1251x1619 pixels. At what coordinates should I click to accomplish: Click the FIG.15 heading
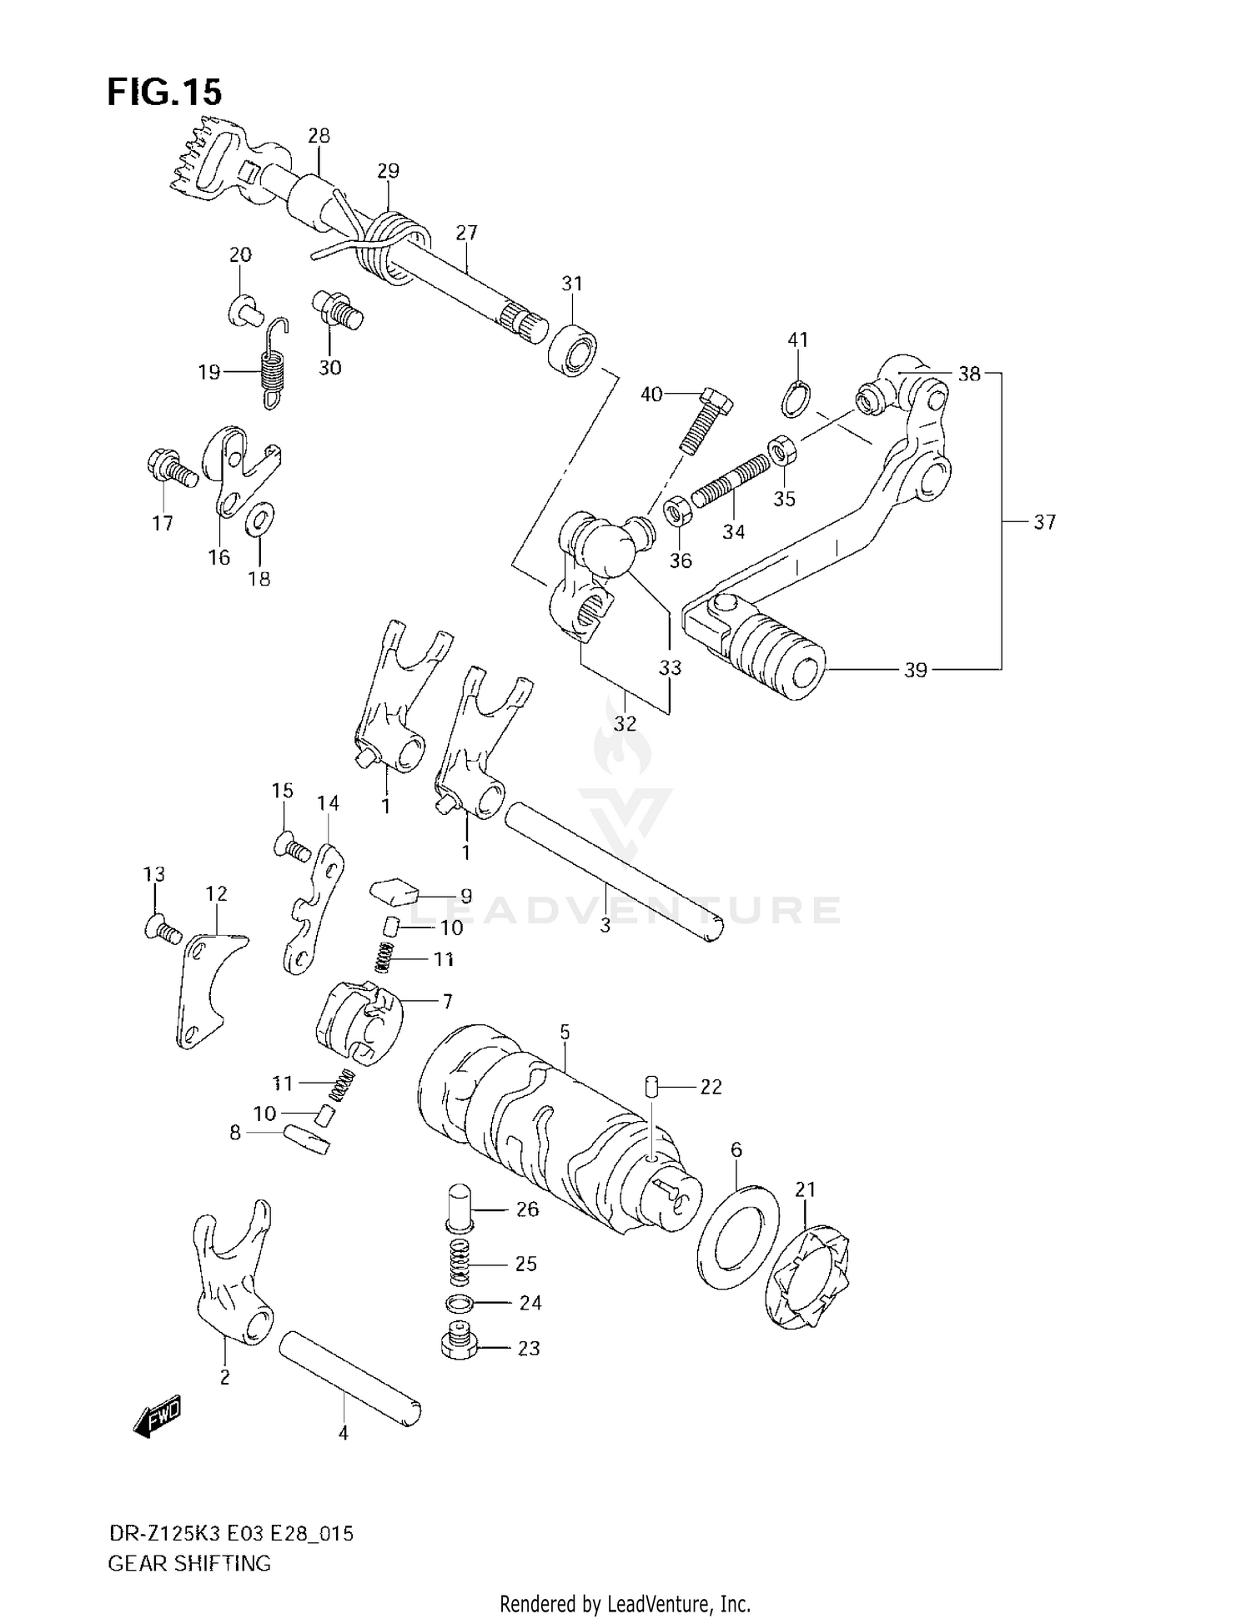[x=164, y=92]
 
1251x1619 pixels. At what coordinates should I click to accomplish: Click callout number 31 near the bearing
[x=571, y=284]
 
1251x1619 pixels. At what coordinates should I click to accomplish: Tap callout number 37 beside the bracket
[x=1044, y=522]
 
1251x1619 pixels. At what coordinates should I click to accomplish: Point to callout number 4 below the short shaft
[x=343, y=1433]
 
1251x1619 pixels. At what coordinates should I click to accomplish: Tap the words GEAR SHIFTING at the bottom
[x=189, y=1563]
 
